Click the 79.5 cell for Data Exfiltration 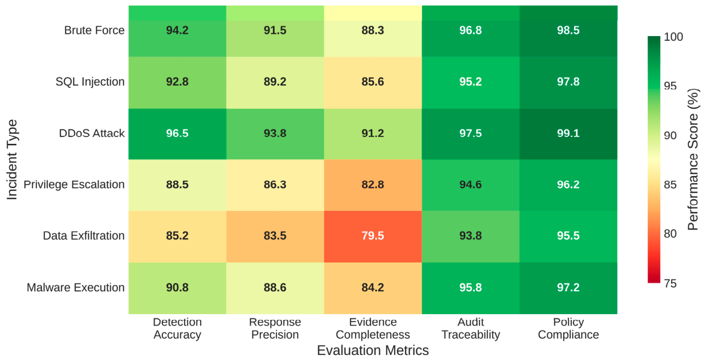[373, 237]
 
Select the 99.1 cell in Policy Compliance [568, 134]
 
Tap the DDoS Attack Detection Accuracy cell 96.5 [177, 134]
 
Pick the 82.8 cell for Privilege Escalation [373, 185]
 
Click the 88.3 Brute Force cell [373, 31]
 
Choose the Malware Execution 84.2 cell [373, 288]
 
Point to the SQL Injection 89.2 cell [275, 83]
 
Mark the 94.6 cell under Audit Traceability [470, 185]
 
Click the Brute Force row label [94, 30]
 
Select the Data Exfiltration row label [84, 236]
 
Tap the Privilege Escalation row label [74, 185]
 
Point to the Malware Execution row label [76, 288]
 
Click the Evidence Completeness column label [373, 328]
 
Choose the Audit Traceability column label [470, 328]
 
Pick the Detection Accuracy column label [177, 328]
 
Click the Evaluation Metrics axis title [373, 350]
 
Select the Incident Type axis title [12, 160]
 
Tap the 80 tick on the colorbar [670, 234]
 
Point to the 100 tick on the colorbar [673, 37]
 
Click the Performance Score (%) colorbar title [692, 160]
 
